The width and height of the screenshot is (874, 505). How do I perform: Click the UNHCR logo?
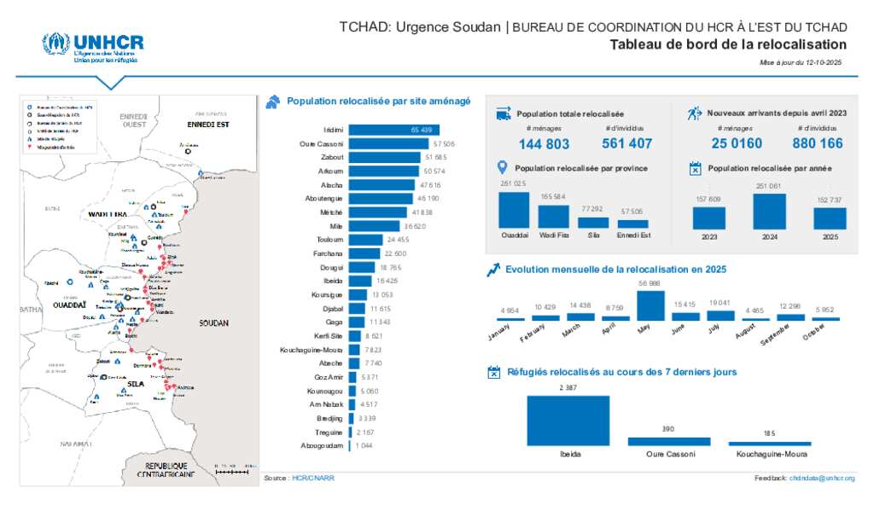click(x=93, y=47)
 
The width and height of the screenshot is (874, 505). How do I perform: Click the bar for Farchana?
click(x=365, y=253)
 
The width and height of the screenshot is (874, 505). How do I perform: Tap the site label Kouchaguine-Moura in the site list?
click(x=312, y=350)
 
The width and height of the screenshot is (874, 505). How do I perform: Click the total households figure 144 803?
click(x=544, y=144)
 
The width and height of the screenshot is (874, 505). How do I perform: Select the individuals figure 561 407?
click(x=626, y=143)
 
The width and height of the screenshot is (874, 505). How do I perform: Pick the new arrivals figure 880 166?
click(x=817, y=143)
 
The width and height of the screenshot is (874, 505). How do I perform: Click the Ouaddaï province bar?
click(x=514, y=210)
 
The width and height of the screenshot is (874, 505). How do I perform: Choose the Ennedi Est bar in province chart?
click(x=632, y=223)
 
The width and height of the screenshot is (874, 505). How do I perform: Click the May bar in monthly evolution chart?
click(x=650, y=305)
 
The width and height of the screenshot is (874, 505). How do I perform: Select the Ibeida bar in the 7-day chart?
click(x=568, y=421)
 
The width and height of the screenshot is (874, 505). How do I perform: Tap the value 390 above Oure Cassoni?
click(x=668, y=429)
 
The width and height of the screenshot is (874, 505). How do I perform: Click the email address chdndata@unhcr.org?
click(x=821, y=479)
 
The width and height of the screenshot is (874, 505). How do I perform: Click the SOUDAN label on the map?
click(x=213, y=323)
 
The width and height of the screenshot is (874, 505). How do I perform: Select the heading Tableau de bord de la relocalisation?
click(x=728, y=45)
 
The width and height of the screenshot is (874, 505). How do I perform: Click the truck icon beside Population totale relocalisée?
click(x=503, y=113)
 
